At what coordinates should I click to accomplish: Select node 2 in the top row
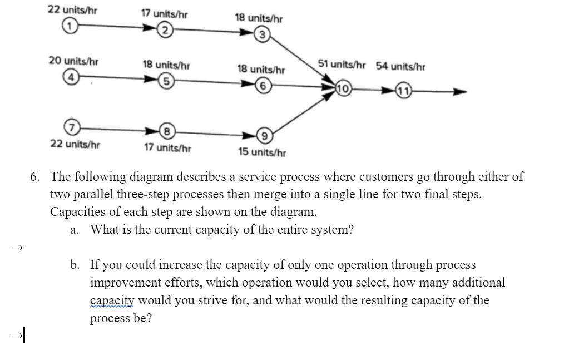[x=165, y=31]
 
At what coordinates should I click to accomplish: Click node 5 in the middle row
[x=165, y=82]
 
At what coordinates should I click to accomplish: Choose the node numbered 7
[x=70, y=126]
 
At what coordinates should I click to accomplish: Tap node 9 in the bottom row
[x=264, y=136]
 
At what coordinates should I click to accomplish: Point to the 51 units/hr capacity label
[x=342, y=65]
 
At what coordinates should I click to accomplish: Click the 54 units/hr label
[x=400, y=66]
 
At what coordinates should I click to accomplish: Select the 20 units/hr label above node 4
[x=73, y=61]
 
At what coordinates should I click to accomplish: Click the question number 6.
[x=35, y=177]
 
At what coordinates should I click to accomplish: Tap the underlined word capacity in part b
[x=112, y=300]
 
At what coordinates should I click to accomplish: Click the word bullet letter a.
[x=75, y=230]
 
